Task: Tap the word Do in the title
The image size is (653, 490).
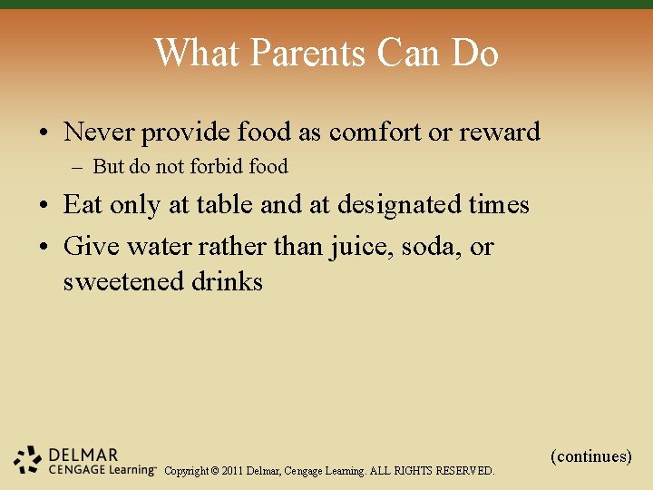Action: (474, 54)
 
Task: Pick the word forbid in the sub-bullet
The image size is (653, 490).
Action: (212, 167)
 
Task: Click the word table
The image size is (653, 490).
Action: (221, 205)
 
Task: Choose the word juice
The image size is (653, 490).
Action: (352, 246)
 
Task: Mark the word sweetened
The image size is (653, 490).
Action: (123, 281)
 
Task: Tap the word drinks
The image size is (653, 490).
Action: (227, 281)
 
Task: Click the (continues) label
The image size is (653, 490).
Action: (591, 456)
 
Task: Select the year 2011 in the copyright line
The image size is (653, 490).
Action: (230, 471)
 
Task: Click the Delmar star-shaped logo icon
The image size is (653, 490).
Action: (28, 460)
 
